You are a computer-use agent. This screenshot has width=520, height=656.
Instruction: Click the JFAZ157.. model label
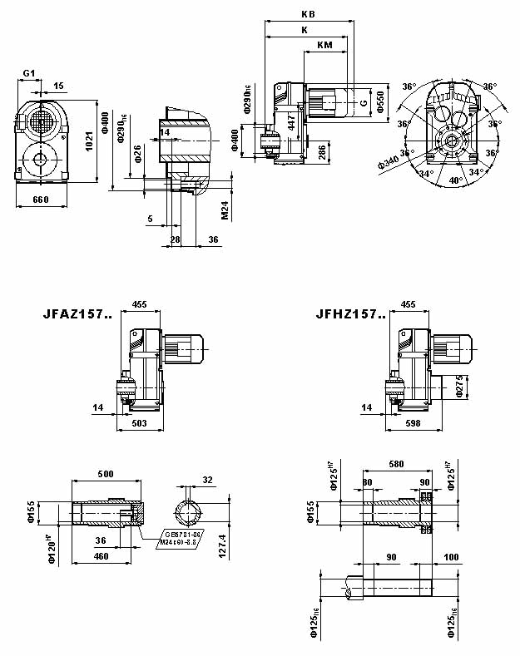(x=77, y=315)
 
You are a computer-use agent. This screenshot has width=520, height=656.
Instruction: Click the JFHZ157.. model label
(x=351, y=315)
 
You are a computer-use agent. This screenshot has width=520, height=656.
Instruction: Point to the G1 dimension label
(x=28, y=73)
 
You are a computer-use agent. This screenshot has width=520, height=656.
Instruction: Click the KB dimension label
(x=309, y=14)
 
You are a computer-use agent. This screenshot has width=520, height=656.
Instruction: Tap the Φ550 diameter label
(x=381, y=102)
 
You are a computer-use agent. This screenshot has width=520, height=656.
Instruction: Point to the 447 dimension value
(x=292, y=122)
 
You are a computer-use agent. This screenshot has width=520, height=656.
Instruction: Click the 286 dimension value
(x=321, y=153)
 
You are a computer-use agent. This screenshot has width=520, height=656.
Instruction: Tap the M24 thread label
(x=225, y=210)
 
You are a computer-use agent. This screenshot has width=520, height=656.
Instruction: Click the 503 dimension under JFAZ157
(x=140, y=423)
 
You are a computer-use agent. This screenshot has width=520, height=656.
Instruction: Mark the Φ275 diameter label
(x=460, y=385)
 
